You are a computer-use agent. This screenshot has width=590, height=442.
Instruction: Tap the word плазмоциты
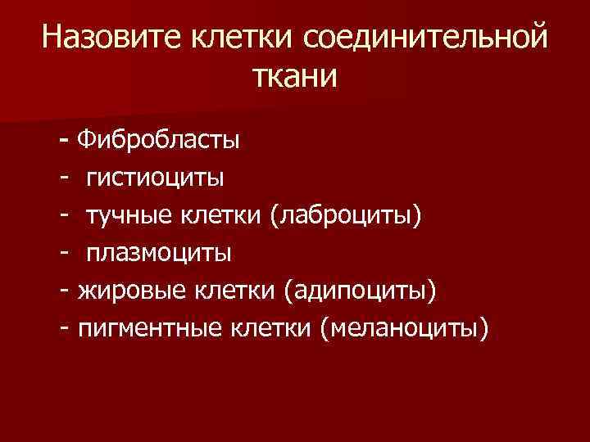point(160,252)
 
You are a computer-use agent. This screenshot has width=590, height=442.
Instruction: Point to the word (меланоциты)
point(404,328)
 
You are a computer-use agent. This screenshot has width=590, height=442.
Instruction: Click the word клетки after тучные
point(223,214)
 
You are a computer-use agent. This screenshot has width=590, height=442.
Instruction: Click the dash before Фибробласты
point(65,140)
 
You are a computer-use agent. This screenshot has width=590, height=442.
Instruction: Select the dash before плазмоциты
point(63,253)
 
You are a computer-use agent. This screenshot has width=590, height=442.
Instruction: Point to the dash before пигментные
point(63,328)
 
